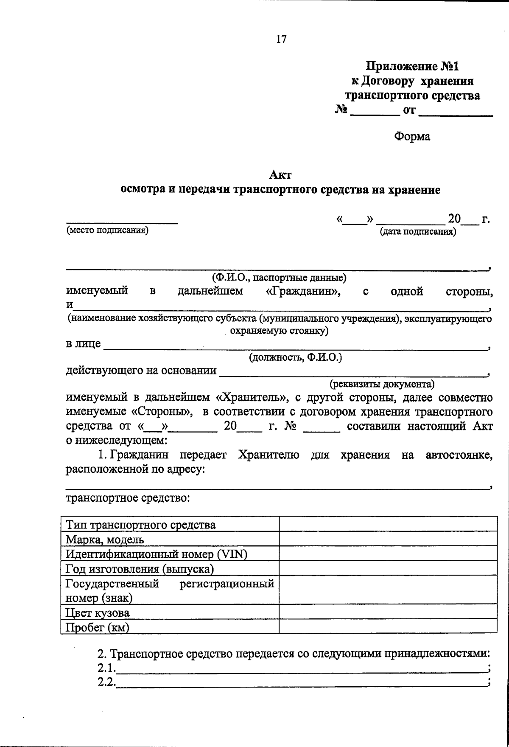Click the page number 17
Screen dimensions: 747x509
(x=281, y=39)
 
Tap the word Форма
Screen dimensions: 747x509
(x=412, y=137)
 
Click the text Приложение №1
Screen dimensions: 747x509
(x=413, y=66)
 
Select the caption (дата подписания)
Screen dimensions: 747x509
(x=418, y=232)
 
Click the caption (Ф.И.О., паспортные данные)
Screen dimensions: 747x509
(x=279, y=278)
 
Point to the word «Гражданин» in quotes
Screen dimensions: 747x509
(x=302, y=292)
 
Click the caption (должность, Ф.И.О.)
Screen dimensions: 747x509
(x=295, y=357)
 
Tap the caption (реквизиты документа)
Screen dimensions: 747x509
(x=382, y=384)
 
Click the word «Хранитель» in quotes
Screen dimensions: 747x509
(x=252, y=398)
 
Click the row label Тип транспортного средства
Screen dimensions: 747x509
(x=140, y=525)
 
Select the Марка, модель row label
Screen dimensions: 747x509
(x=105, y=539)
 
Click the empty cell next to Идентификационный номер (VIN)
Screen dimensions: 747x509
(x=388, y=553)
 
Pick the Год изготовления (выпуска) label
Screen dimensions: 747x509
(x=140, y=569)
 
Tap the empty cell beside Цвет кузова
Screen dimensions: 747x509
(x=388, y=612)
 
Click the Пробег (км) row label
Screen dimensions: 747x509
(x=97, y=627)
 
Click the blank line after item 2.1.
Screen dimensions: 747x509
(x=301, y=669)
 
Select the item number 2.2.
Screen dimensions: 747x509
(x=106, y=682)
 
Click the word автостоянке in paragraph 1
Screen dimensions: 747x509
(x=459, y=455)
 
